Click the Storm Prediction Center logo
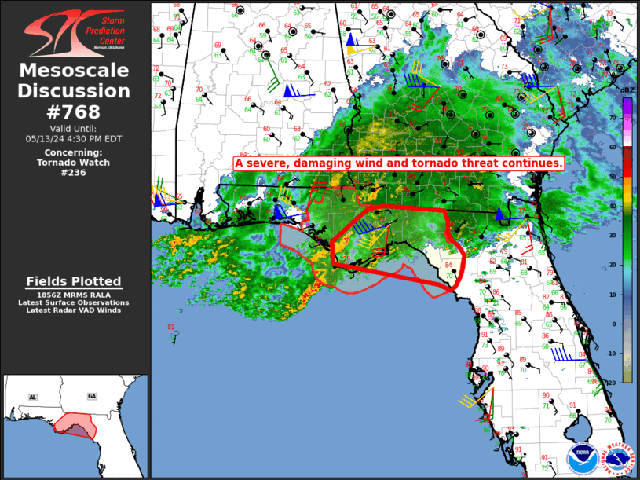click(x=75, y=32)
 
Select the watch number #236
click(x=74, y=173)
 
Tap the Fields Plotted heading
click(x=74, y=281)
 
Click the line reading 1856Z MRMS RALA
click(x=74, y=295)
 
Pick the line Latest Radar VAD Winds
click(x=74, y=310)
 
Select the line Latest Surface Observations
click(x=74, y=302)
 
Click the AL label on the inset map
click(x=33, y=398)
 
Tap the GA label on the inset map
click(x=93, y=396)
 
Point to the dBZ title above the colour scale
click(x=627, y=90)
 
